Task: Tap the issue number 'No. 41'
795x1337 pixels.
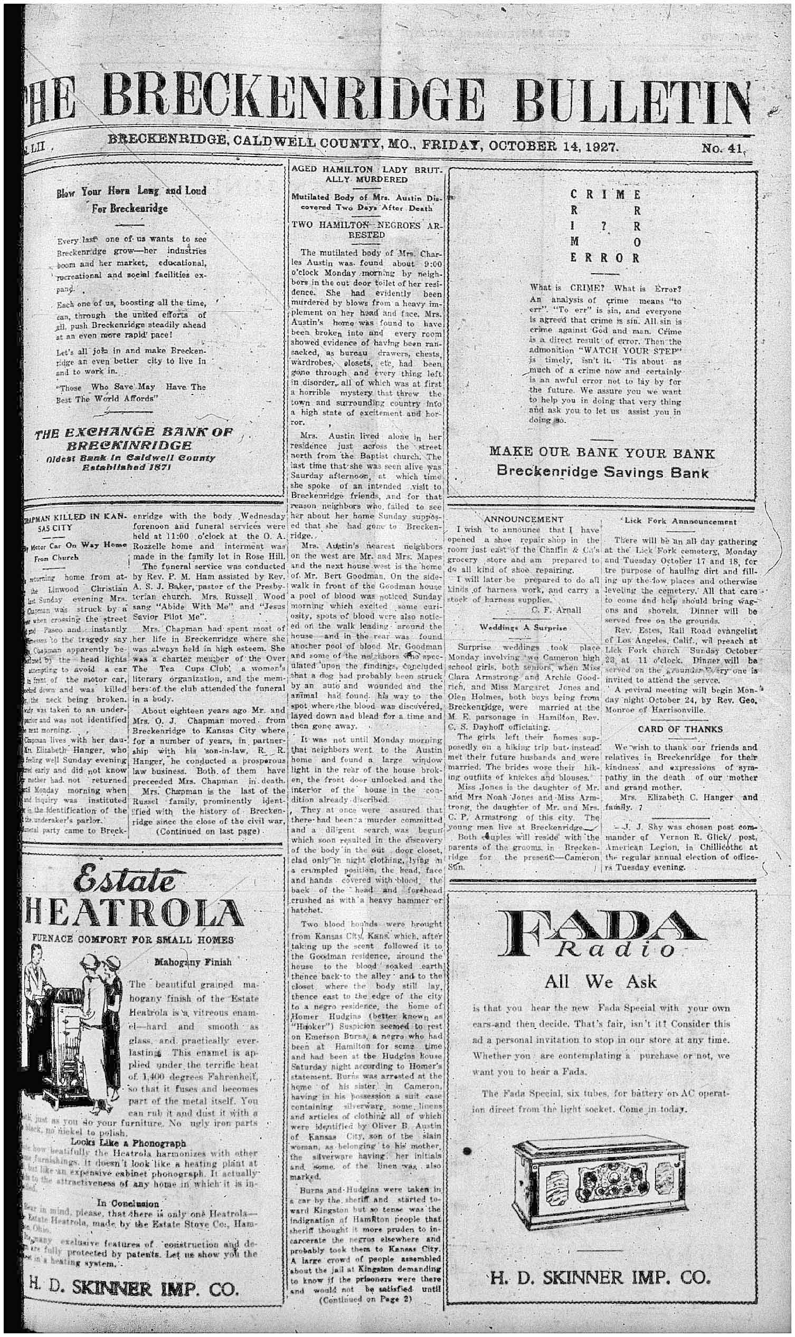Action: click(723, 148)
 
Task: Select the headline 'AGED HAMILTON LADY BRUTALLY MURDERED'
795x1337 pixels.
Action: click(366, 175)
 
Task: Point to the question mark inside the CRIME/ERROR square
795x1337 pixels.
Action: click(604, 226)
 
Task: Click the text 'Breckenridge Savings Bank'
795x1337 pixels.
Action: click(602, 472)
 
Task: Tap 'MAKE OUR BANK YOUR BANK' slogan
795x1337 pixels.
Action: click(602, 454)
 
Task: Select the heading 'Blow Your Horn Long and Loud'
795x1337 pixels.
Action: click(131, 191)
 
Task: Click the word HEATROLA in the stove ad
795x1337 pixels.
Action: click(132, 913)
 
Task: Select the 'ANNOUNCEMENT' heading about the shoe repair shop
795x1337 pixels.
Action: click(523, 519)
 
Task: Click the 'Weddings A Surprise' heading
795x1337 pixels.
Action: click(523, 627)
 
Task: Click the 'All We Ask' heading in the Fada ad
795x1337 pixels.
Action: click(600, 982)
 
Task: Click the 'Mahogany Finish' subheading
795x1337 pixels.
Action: click(193, 962)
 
